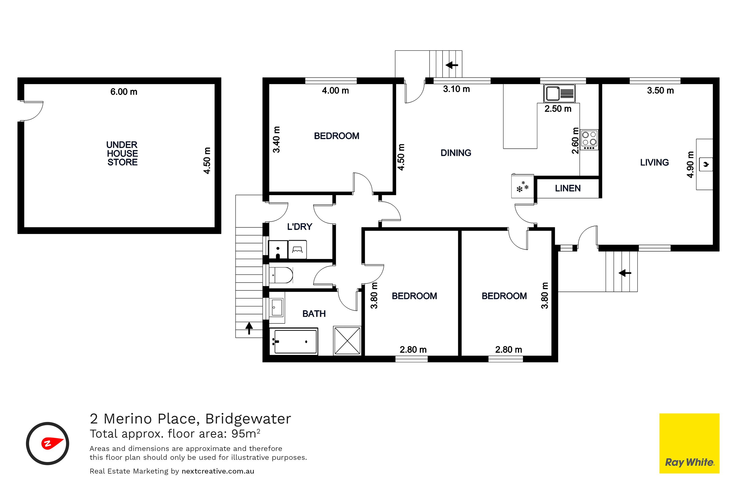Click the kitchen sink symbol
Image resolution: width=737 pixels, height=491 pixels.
559,93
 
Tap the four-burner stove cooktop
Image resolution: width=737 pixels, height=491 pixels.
589,140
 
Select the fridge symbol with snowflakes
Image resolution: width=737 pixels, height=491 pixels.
522,186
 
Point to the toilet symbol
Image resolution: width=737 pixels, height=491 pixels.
281,275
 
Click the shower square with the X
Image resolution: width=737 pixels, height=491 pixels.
347,341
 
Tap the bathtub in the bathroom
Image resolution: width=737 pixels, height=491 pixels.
294,342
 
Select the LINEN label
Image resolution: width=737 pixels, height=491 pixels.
568,188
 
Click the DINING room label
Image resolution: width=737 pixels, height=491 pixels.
456,153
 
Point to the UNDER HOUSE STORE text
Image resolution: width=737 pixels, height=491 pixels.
122,153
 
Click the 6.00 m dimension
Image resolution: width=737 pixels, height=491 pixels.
124,92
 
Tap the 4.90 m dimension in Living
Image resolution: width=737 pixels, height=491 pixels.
690,165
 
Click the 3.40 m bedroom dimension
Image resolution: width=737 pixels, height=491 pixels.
276,140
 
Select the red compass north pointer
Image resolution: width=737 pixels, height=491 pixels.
52,443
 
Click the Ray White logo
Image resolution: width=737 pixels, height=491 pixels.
689,443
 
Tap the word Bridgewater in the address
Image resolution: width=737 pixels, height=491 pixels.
248,419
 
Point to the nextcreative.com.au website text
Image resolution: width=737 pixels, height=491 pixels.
218,471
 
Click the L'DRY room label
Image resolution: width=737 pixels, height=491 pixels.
299,227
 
